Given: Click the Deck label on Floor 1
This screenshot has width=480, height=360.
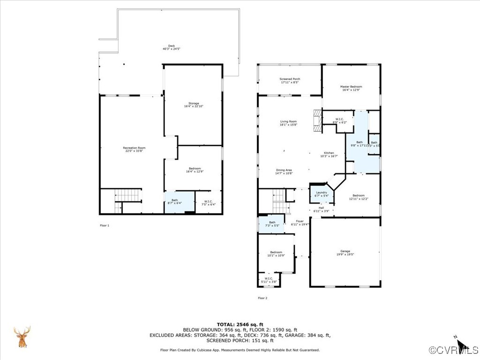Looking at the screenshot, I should coord(172,47).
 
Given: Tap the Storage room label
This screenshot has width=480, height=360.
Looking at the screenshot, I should coord(194,105).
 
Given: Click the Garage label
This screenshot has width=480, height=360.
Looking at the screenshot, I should coord(345,253).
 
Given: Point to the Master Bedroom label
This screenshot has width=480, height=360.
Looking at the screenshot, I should coord(351,88).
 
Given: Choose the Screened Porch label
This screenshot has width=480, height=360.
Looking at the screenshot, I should coord(290,81).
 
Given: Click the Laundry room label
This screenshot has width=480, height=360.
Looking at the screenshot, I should coord(322,194).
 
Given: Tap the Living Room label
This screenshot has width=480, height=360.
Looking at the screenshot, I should coord(288,123).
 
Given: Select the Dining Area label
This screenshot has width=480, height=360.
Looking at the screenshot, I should coord(284,172).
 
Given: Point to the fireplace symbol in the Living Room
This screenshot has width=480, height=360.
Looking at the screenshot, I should coord(318,120).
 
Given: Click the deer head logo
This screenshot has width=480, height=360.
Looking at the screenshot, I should coord(22,337).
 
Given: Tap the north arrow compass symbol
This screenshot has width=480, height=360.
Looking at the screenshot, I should coord(461,345).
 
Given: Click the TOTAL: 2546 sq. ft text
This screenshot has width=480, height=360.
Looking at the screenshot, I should coord(240,324).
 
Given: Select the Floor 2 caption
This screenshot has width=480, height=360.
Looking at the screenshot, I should coord(262,298).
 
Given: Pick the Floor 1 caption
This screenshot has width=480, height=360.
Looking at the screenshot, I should coord(105,225).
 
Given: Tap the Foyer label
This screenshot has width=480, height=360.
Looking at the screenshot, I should coord(300,223).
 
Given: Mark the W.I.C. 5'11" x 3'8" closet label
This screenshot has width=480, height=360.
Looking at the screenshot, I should coord(269,280).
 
